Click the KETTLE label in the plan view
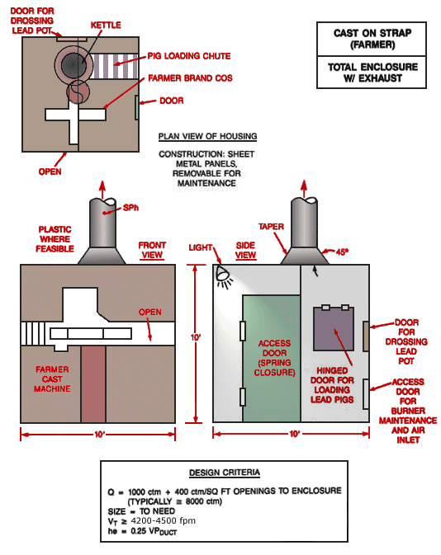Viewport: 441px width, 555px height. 106,25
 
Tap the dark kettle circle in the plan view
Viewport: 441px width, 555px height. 73,65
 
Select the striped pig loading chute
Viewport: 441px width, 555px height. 114,66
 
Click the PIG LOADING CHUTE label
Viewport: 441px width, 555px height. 189,56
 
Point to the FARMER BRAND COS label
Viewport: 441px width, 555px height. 190,78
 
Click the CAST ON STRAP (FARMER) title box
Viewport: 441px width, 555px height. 372,39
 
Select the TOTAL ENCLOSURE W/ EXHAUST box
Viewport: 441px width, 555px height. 372,73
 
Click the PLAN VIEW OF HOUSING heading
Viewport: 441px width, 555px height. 208,137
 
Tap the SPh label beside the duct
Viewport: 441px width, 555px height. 130,208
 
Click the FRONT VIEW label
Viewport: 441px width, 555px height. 152,250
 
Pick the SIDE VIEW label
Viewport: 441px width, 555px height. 245,250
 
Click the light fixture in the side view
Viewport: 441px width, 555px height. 224,277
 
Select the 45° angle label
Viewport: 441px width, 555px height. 342,252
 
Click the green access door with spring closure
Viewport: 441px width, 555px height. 272,358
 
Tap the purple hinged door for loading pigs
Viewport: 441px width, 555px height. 334,329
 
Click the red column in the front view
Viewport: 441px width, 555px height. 93,384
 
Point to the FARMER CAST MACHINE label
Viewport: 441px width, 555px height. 52,379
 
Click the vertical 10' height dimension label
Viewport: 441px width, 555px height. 196,337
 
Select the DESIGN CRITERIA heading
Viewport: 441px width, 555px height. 225,473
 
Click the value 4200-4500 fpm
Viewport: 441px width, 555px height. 163,520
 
